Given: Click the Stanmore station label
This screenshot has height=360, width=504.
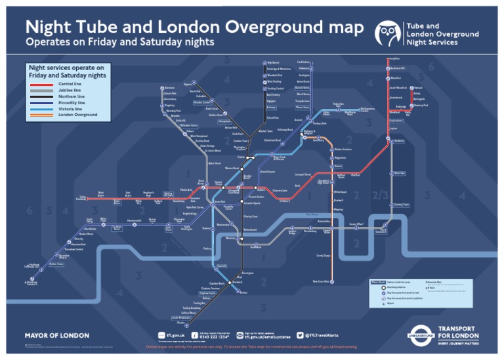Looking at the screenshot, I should (x=170, y=87).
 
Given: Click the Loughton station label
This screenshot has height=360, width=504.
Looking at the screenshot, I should (x=394, y=60).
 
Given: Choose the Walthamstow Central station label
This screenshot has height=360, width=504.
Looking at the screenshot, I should (x=367, y=110).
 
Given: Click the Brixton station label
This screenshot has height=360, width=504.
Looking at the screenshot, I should (x=243, y=292).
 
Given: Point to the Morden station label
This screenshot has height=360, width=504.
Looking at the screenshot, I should (x=180, y=322).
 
